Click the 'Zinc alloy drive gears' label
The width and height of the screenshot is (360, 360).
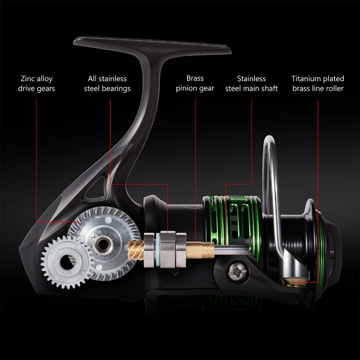[x=36, y=84]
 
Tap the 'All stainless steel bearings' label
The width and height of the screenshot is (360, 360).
[x=107, y=84]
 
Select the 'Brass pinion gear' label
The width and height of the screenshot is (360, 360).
[x=195, y=84]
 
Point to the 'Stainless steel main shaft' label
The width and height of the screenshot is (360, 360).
[x=251, y=84]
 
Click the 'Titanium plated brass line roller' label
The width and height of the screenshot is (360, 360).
[x=318, y=84]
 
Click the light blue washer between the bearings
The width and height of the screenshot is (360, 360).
[x=158, y=250]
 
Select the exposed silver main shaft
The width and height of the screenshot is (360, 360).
[x=232, y=249]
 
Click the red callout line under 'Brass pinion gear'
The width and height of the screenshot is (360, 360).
[x=195, y=172]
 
